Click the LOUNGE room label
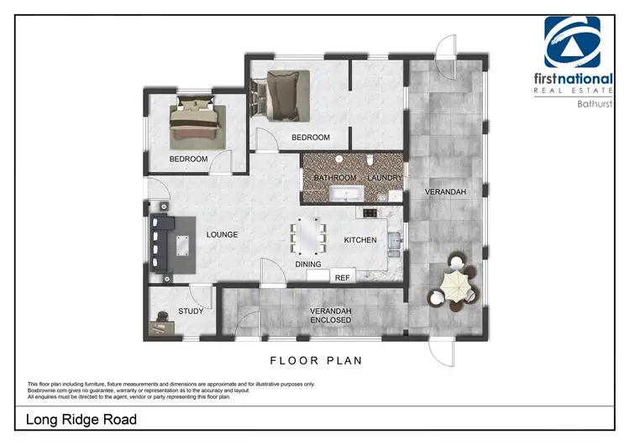[x=223, y=234]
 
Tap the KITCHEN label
[x=360, y=241]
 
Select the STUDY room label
[x=192, y=311]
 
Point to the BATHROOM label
[x=335, y=178]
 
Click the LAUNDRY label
[x=386, y=178]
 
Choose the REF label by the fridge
[x=342, y=277]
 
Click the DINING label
[x=307, y=264]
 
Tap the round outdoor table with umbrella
[x=454, y=285]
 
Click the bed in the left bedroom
[x=194, y=124]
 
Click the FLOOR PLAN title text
[x=315, y=361]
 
